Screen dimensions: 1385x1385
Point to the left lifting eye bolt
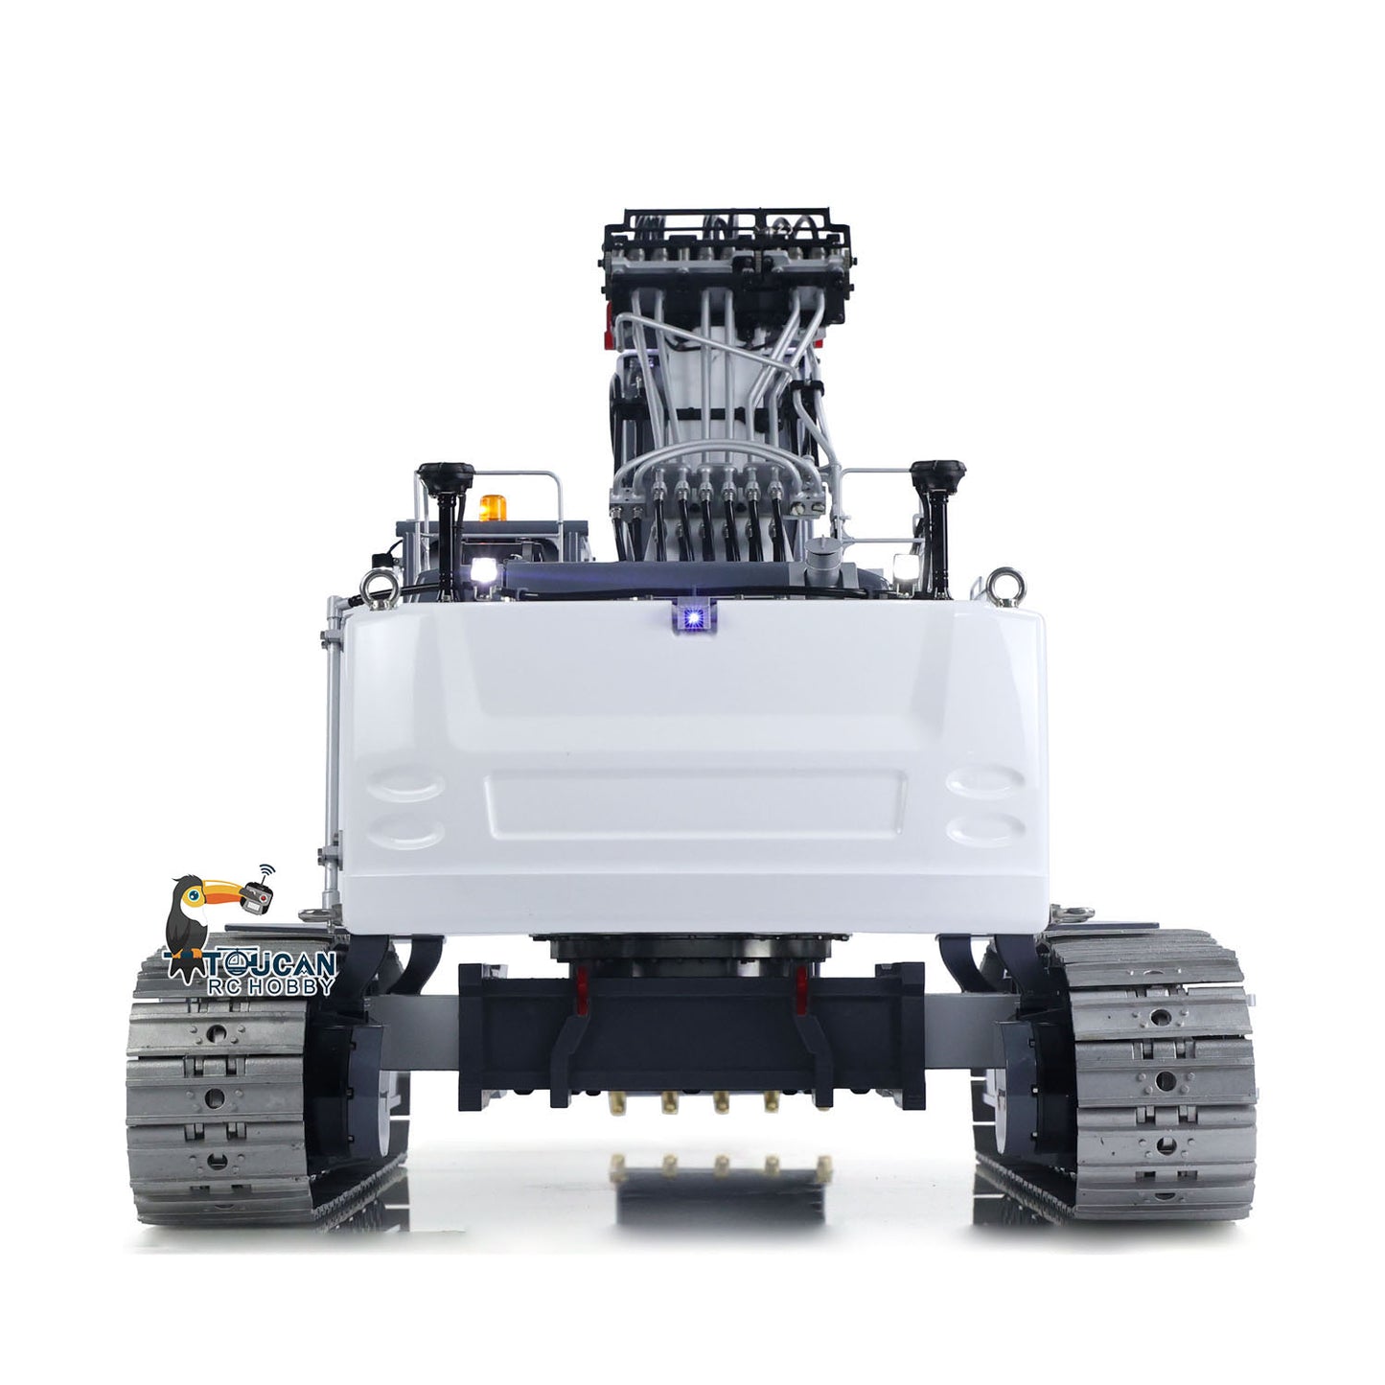tap(371, 586)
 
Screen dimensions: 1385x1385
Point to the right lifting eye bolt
tap(1006, 580)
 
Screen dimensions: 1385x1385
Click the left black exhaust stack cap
tap(447, 475)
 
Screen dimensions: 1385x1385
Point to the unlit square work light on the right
tap(900, 565)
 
